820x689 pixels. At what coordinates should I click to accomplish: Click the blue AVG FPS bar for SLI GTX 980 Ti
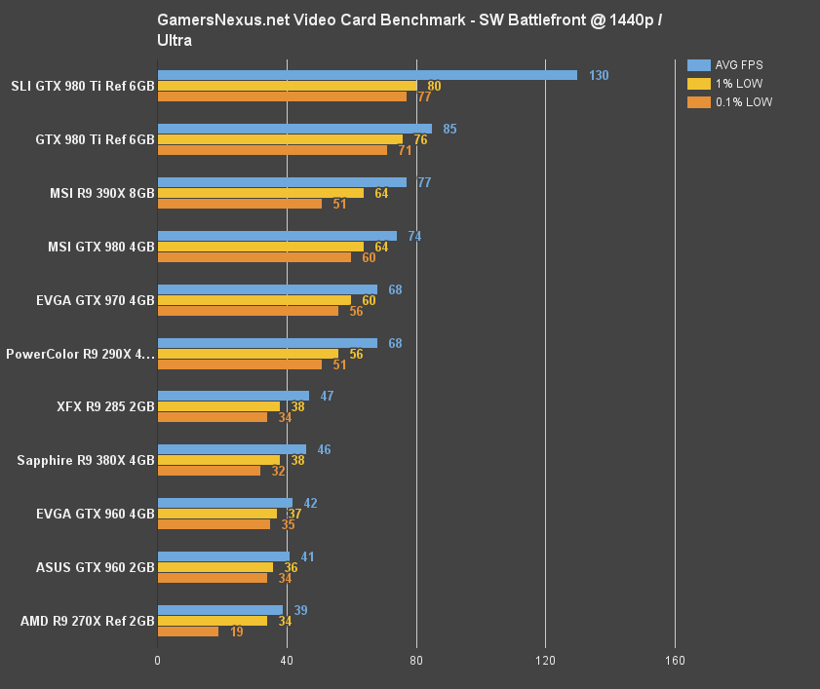click(367, 75)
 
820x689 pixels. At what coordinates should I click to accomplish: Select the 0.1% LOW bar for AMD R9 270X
click(187, 632)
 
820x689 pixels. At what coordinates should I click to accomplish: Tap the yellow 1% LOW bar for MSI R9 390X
click(260, 193)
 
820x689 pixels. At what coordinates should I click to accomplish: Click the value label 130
click(599, 75)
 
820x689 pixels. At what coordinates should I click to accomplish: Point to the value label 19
click(235, 632)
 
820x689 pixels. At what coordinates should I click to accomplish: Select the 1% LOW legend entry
click(723, 84)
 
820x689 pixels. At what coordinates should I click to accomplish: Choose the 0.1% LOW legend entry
click(729, 101)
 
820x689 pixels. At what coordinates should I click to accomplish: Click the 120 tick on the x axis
click(545, 661)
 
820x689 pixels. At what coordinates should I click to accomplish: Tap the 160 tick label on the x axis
click(675, 661)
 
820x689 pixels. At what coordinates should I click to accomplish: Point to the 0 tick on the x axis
click(158, 661)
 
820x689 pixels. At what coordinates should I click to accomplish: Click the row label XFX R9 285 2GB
click(106, 406)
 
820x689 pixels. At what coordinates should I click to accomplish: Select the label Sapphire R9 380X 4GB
click(86, 460)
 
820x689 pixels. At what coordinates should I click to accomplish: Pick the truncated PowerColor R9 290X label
click(80, 354)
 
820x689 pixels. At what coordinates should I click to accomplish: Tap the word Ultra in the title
click(174, 41)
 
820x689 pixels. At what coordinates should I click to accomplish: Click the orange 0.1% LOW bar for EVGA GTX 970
click(248, 311)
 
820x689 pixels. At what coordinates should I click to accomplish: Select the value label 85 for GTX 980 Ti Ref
click(449, 129)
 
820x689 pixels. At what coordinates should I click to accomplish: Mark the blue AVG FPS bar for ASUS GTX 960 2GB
click(223, 556)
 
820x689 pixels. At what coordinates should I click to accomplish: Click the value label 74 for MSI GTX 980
click(414, 236)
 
